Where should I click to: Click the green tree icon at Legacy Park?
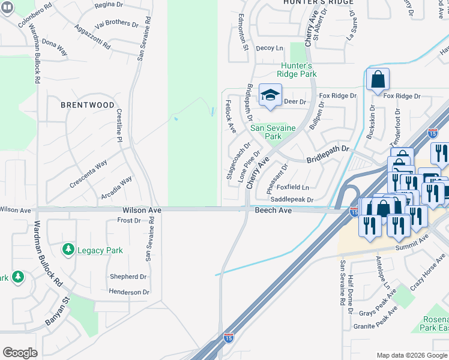click(68, 249)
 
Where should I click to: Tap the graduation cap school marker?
click(270, 95)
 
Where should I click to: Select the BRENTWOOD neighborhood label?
click(88, 104)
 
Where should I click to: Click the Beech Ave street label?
click(273, 211)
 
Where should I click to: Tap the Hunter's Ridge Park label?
click(296, 70)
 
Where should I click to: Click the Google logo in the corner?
click(20, 353)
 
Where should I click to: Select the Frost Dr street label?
click(129, 221)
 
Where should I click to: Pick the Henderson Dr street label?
click(128, 292)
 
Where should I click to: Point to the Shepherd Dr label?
click(128, 277)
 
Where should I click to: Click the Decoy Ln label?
click(269, 48)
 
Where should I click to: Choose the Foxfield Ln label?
click(292, 187)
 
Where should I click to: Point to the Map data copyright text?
click(411, 355)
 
